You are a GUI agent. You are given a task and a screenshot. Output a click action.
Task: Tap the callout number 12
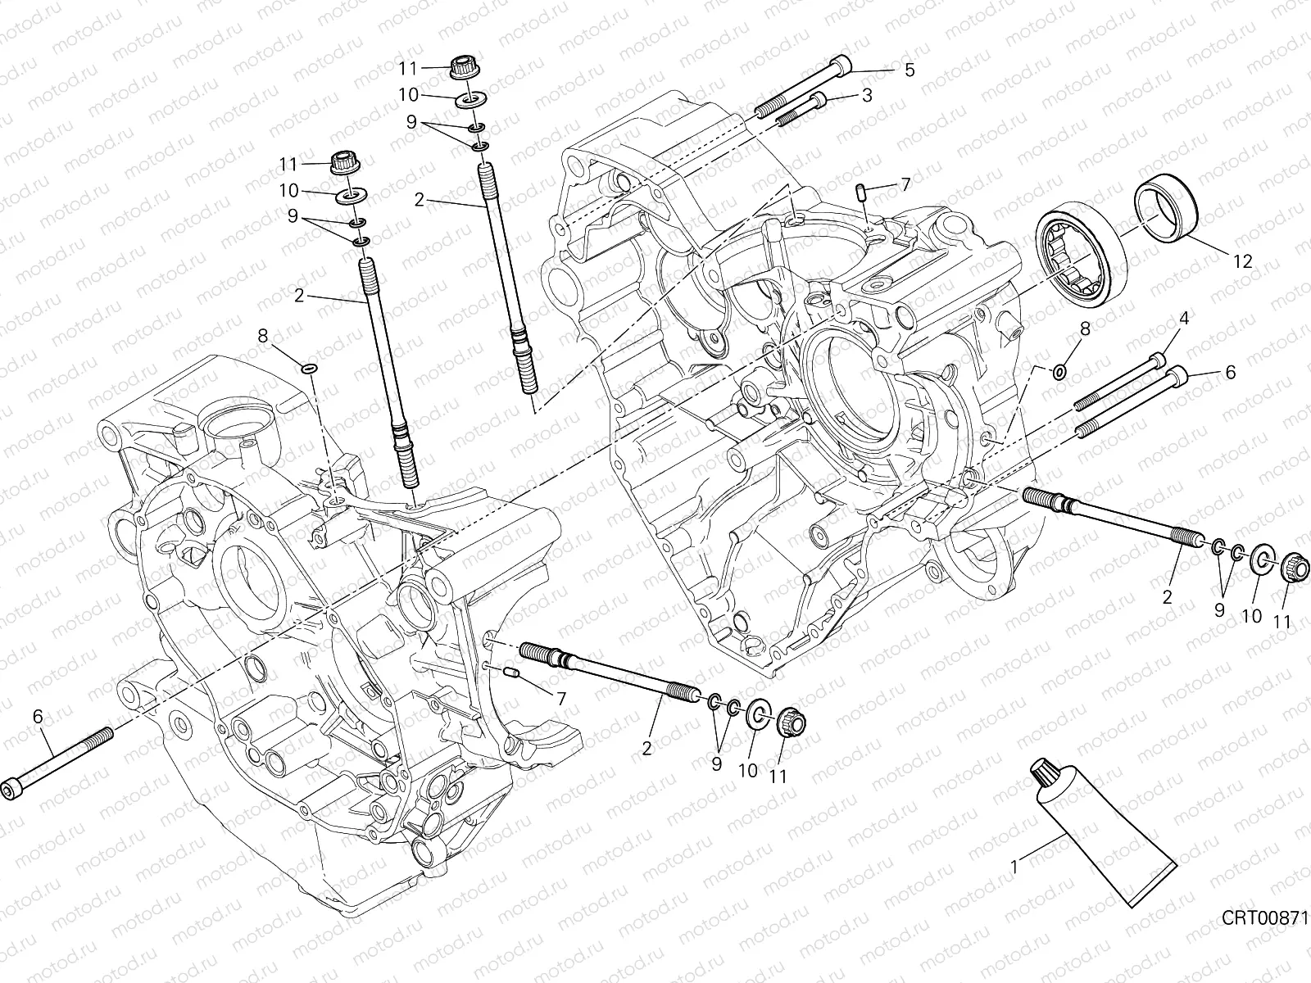[1242, 261]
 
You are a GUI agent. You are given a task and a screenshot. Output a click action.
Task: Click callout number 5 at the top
[909, 70]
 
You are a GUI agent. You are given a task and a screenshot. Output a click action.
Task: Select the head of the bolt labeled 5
[841, 66]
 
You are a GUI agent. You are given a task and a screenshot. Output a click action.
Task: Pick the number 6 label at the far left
[38, 717]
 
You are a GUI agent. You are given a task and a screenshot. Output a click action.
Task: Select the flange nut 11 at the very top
[464, 69]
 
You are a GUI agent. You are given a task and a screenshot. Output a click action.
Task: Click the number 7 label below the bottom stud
[560, 699]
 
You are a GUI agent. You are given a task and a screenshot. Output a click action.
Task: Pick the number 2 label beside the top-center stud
[420, 200]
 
